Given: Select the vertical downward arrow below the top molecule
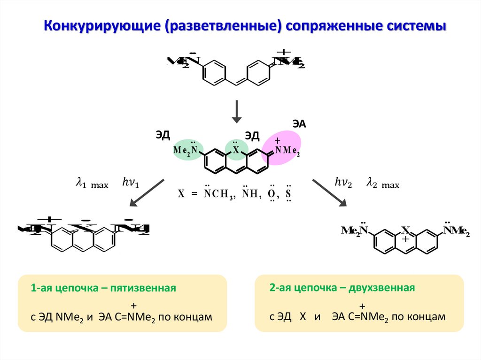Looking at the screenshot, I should tap(238, 112).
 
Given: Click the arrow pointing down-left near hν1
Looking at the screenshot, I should tap(147, 192).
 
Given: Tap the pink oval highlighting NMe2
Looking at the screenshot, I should tap(282, 147).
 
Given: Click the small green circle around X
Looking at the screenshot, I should tap(236, 149).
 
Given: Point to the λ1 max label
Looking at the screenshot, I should tap(92, 184).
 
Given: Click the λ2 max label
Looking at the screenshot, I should tap(382, 184).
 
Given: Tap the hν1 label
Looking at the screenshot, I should tap(131, 183).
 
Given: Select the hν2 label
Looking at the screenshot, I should tap(343, 183).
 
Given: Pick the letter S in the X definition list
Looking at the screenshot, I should tap(288, 194).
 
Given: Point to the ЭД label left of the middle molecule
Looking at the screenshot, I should tap(162, 135).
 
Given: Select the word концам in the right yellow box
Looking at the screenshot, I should tap(428, 317).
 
